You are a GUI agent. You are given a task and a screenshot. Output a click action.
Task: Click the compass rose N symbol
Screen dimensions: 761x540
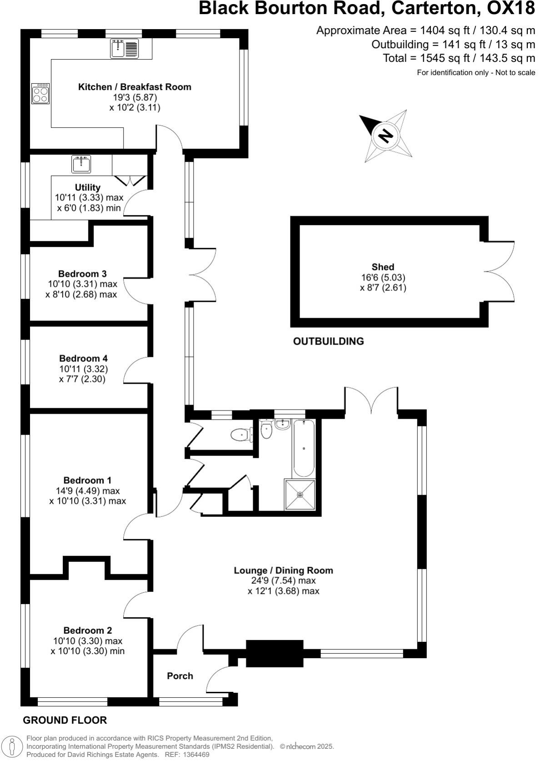point(386,135)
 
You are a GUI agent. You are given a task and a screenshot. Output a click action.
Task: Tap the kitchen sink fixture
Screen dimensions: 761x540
point(125,48)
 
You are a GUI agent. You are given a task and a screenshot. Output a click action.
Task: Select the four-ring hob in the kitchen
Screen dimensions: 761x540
point(40,94)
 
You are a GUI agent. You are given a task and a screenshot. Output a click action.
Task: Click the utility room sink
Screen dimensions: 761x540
point(81,164)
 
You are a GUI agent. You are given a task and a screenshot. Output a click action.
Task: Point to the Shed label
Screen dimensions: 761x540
point(383,267)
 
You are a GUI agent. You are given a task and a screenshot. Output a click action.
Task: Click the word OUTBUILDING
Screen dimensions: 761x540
point(328,341)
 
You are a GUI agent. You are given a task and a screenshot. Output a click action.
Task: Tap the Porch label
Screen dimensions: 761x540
point(180,676)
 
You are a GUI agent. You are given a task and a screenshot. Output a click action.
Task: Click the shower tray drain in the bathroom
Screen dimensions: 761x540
point(300,495)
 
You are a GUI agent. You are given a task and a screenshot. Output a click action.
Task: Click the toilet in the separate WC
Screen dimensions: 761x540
point(242,435)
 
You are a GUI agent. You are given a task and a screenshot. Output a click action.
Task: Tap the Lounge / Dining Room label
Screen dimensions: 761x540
point(283,570)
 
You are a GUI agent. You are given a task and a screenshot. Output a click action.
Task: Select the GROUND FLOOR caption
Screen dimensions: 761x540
point(65,720)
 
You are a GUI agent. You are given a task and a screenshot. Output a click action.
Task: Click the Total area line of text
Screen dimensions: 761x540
point(459,58)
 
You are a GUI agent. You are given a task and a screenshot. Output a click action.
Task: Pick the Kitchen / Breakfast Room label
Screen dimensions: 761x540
point(135,87)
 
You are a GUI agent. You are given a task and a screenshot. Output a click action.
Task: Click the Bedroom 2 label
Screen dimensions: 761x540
point(87,631)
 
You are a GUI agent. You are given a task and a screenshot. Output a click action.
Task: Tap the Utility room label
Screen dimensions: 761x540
point(87,187)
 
